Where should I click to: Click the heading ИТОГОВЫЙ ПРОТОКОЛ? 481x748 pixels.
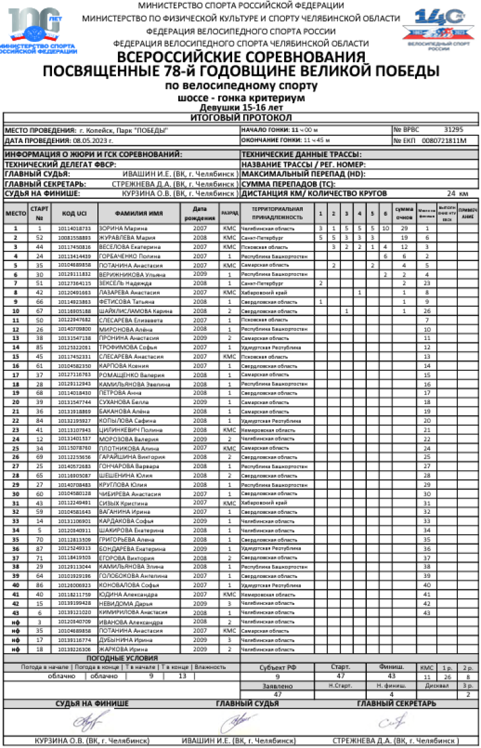(240, 118)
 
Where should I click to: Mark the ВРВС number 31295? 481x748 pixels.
(453, 130)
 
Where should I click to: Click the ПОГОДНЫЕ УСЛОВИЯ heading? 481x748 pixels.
(121, 658)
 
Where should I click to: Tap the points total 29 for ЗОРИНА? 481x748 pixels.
(404, 228)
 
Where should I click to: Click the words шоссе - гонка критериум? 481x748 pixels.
(240, 99)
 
